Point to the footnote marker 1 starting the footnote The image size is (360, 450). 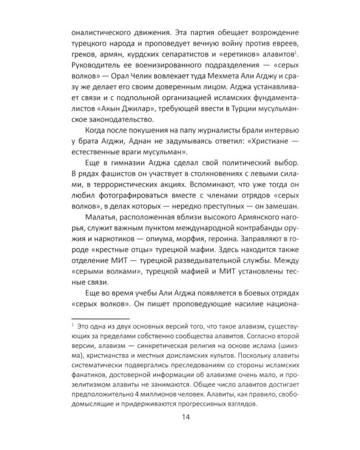point(71,324)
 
